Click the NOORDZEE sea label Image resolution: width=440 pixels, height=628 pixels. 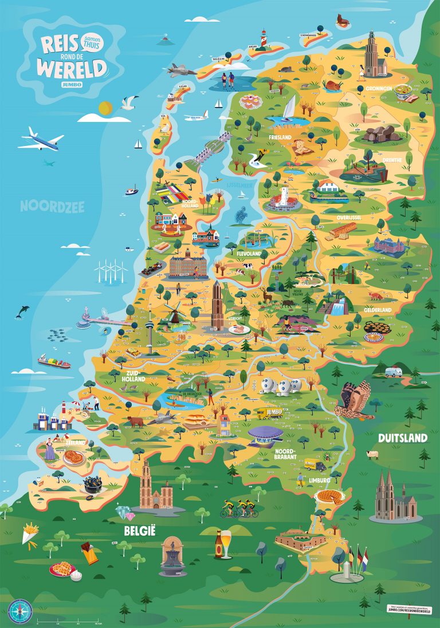(x=52, y=206)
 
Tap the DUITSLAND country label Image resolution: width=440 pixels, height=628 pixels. (x=402, y=438)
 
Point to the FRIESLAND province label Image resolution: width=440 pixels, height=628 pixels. (x=281, y=137)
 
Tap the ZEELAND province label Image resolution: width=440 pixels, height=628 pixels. (x=75, y=443)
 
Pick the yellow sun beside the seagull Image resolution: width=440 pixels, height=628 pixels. (x=104, y=107)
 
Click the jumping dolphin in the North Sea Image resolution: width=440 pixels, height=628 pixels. (x=23, y=311)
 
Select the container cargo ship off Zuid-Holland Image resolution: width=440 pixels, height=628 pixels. (x=54, y=362)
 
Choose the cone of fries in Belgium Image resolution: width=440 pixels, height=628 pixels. (x=30, y=534)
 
